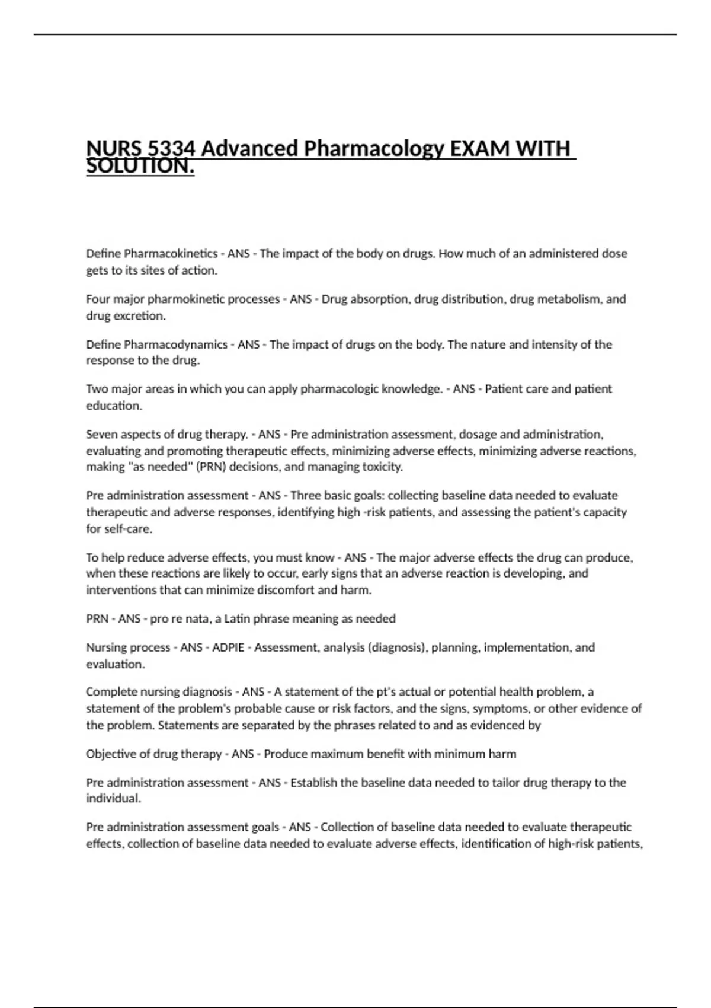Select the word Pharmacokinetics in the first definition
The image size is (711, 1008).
click(x=171, y=254)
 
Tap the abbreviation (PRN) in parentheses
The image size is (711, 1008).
click(x=211, y=467)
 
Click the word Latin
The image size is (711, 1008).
click(x=236, y=619)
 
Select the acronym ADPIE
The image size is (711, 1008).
click(x=228, y=647)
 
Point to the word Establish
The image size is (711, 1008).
click(x=313, y=783)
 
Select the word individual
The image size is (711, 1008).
click(x=113, y=799)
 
